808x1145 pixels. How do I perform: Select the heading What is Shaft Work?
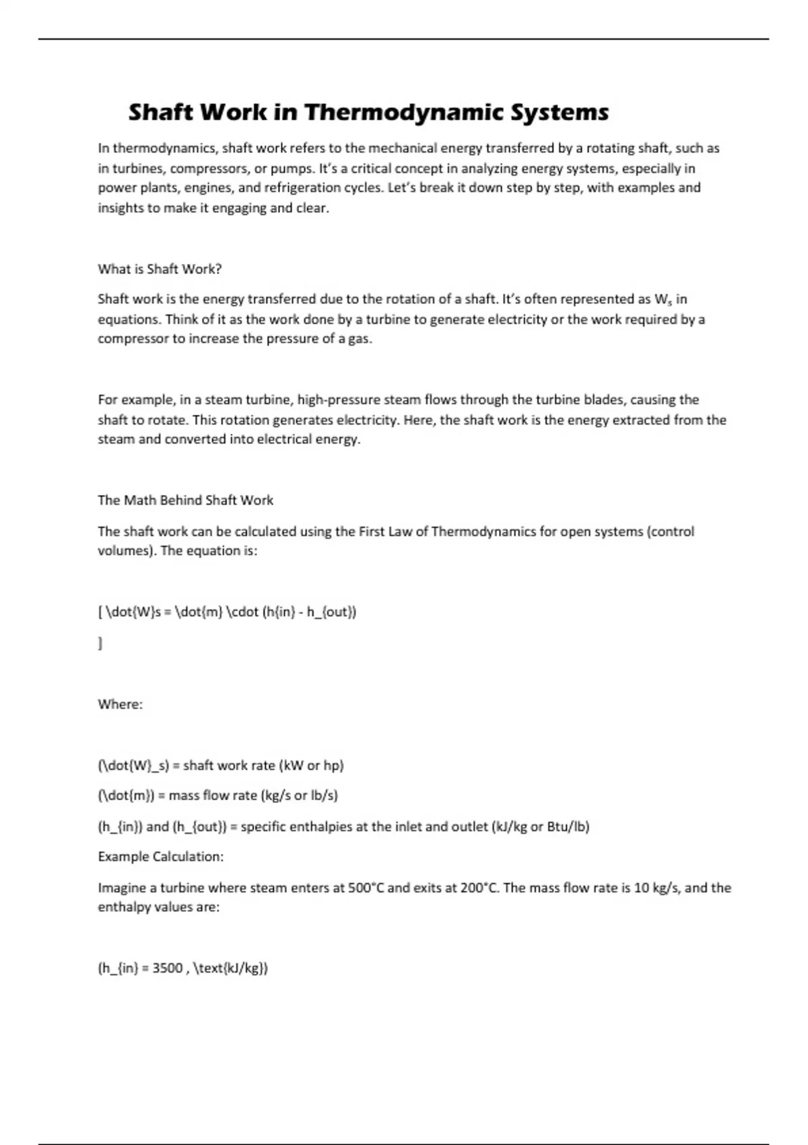pyautogui.click(x=160, y=269)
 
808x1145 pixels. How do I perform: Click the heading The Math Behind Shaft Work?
pyautogui.click(x=185, y=500)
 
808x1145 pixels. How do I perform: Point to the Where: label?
pyautogui.click(x=120, y=705)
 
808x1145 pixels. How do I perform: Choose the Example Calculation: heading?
pyautogui.click(x=160, y=857)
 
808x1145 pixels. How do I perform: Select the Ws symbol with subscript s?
pyautogui.click(x=663, y=300)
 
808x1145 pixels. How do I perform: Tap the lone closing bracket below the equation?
pyautogui.click(x=100, y=644)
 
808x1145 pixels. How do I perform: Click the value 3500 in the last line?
pyautogui.click(x=167, y=969)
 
